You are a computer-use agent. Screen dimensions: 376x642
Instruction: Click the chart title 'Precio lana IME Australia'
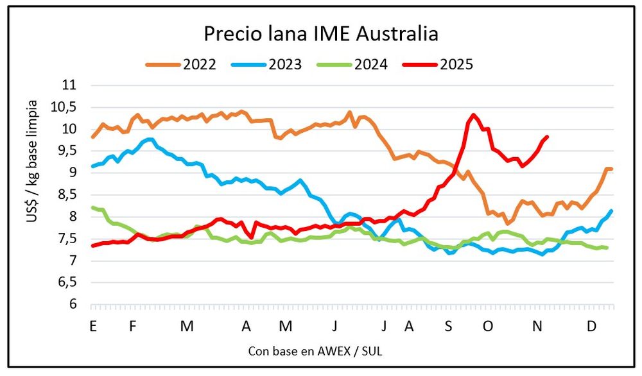320,33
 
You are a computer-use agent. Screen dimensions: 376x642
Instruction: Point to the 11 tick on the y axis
69,85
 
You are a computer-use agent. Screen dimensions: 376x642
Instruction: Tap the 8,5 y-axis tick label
67,194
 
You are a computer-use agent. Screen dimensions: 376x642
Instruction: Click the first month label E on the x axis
94,327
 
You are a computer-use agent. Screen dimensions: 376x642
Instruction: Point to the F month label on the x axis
133,327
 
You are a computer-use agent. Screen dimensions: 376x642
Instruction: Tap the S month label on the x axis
449,327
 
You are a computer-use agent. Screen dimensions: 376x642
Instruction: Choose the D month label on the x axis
591,327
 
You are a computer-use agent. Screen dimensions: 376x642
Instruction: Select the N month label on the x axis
537,327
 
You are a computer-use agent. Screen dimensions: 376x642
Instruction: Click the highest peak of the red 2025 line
474,115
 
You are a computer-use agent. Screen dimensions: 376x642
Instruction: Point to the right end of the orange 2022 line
612,169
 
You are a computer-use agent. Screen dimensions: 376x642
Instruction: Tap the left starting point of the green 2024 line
93,207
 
